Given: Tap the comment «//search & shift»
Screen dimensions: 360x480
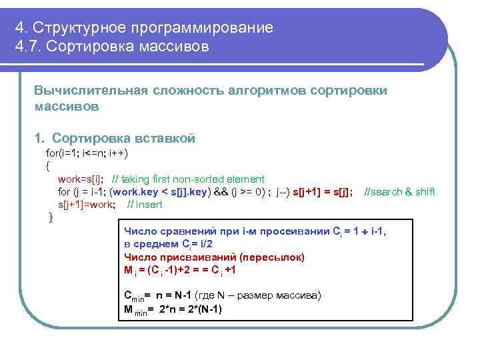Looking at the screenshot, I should (x=399, y=192).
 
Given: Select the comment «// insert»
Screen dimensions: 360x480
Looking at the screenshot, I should (x=144, y=205).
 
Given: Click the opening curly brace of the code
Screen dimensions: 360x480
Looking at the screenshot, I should (x=47, y=166).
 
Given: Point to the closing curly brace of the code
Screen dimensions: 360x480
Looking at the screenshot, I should (x=51, y=217).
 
